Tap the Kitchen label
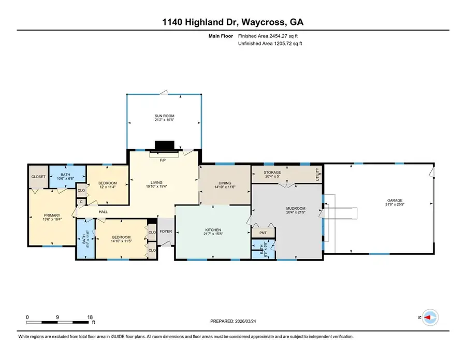[x=213, y=230]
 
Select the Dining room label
[x=225, y=182]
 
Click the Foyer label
[x=166, y=232]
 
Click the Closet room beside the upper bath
[x=38, y=177]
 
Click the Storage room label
[x=272, y=172]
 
